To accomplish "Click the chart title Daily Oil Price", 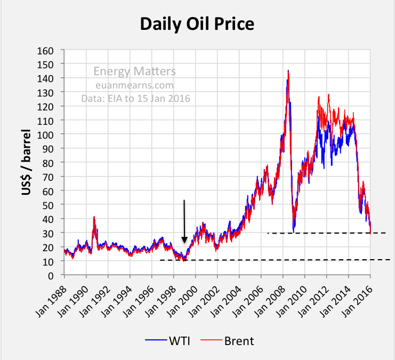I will pos(197,24).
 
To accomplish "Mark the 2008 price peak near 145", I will pos(288,71).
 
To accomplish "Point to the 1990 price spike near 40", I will pos(94,218).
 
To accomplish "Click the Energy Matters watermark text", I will pos(134,71).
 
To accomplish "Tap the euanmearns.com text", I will pos(135,85).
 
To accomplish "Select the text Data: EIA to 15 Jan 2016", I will pos(135,99).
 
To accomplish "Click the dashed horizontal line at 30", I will pos(325,233).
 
